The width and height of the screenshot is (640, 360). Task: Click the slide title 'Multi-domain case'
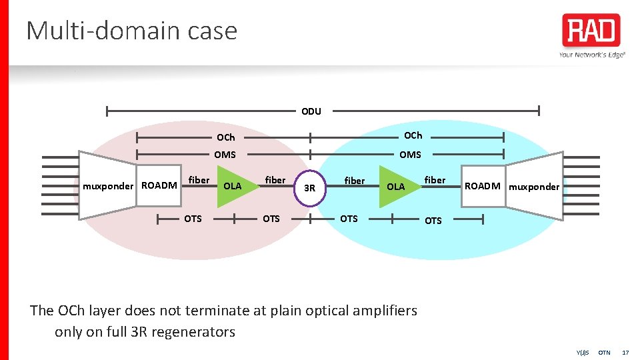(x=131, y=31)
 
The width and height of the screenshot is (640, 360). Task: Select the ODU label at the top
(x=311, y=111)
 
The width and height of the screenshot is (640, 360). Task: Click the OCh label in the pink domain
(x=225, y=138)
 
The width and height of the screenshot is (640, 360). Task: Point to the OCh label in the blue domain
(x=413, y=135)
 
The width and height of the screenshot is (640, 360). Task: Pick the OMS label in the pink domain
(x=225, y=155)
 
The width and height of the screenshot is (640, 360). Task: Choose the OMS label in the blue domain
(x=410, y=155)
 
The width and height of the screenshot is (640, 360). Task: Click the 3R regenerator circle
(x=309, y=187)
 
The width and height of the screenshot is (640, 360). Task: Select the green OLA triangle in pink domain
(x=231, y=185)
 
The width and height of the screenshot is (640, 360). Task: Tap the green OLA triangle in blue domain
(x=397, y=186)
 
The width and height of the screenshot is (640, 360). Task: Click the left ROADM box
(x=159, y=185)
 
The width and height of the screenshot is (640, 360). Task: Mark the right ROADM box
(x=482, y=186)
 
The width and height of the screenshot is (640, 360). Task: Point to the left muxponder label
(x=108, y=186)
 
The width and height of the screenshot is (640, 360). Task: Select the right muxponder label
(x=534, y=187)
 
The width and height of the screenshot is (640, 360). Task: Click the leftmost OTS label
(x=193, y=219)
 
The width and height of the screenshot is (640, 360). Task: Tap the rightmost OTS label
(x=433, y=221)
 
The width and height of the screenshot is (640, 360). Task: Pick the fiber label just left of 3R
(x=275, y=180)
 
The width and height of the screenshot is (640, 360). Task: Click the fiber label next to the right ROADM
(x=435, y=180)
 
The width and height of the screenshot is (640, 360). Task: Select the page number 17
(x=625, y=352)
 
